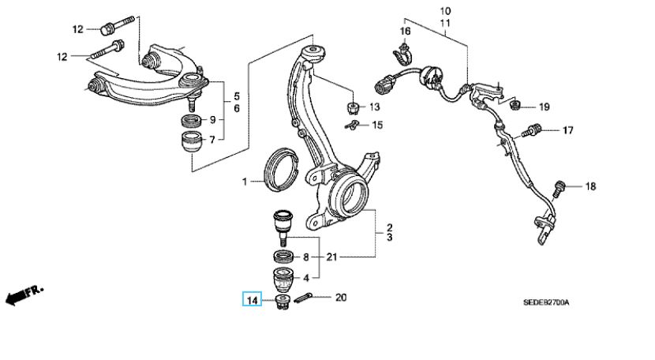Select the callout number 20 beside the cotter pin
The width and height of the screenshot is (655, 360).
(341, 298)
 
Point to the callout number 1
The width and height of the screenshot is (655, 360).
(245, 182)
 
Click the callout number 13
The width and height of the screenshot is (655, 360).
(374, 107)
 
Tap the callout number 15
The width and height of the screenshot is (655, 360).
(376, 125)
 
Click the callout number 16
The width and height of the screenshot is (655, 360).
(405, 32)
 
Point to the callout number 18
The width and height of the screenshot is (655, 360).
(591, 187)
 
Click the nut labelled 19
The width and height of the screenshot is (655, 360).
(514, 106)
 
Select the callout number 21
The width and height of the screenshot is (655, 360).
(332, 257)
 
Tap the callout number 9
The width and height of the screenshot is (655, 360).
(211, 121)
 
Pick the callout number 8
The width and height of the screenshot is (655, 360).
(306, 257)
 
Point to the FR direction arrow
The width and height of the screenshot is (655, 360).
(24, 295)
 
